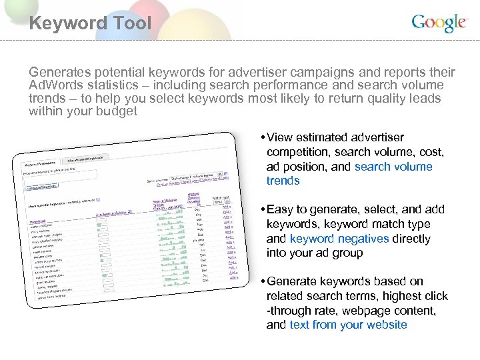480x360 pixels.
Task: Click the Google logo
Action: [x=439, y=23]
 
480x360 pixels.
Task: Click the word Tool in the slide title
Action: [x=130, y=23]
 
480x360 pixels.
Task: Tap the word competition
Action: [x=299, y=152]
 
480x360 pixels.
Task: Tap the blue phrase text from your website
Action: [x=348, y=325]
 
